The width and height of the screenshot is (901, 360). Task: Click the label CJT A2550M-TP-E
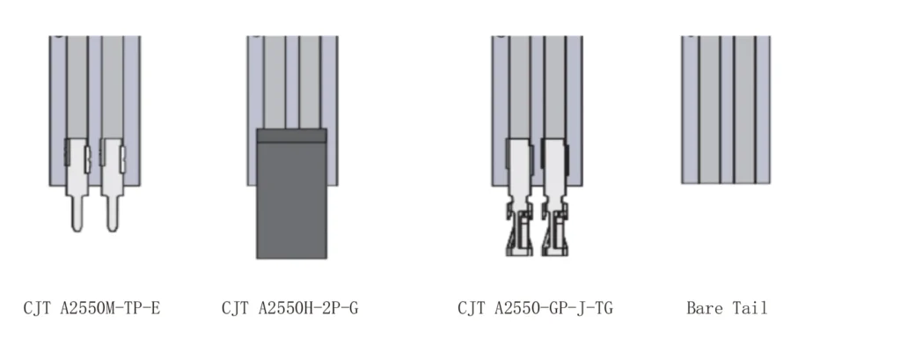click(92, 308)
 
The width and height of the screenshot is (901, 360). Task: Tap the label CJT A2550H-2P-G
click(290, 308)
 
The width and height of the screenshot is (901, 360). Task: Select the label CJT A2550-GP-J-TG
click(536, 308)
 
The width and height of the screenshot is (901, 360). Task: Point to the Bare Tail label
click(727, 308)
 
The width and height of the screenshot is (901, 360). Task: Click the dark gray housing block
click(291, 194)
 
